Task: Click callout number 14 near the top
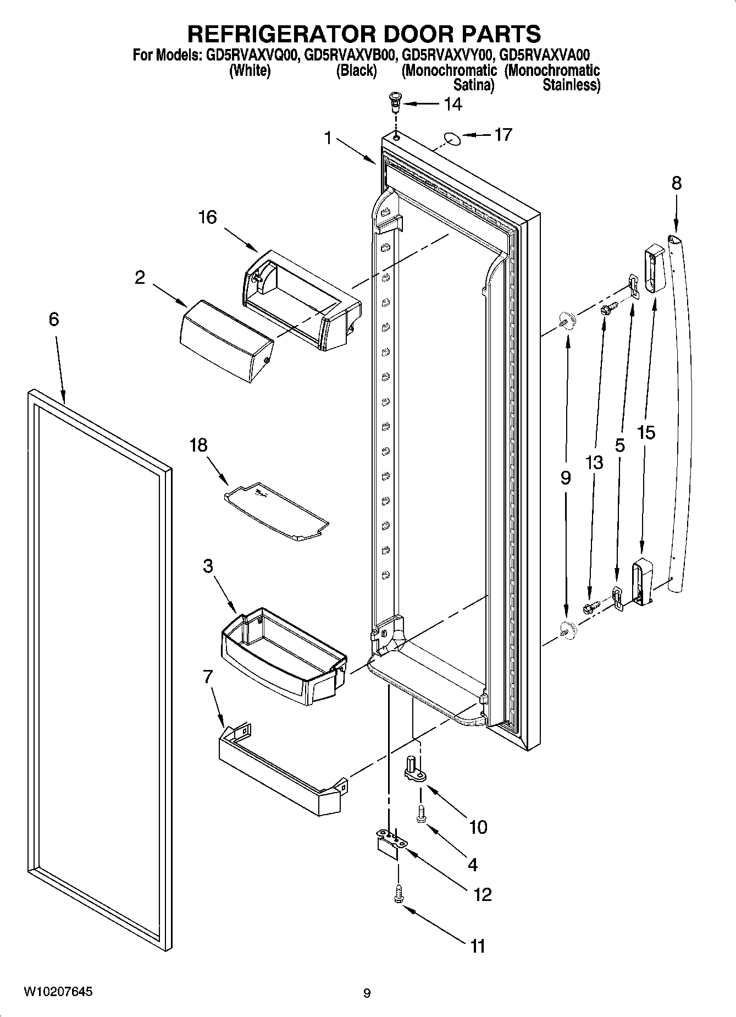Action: point(452,104)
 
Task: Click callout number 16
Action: point(207,217)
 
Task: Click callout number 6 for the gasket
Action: point(53,319)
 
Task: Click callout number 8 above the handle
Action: point(676,183)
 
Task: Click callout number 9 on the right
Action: point(566,477)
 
